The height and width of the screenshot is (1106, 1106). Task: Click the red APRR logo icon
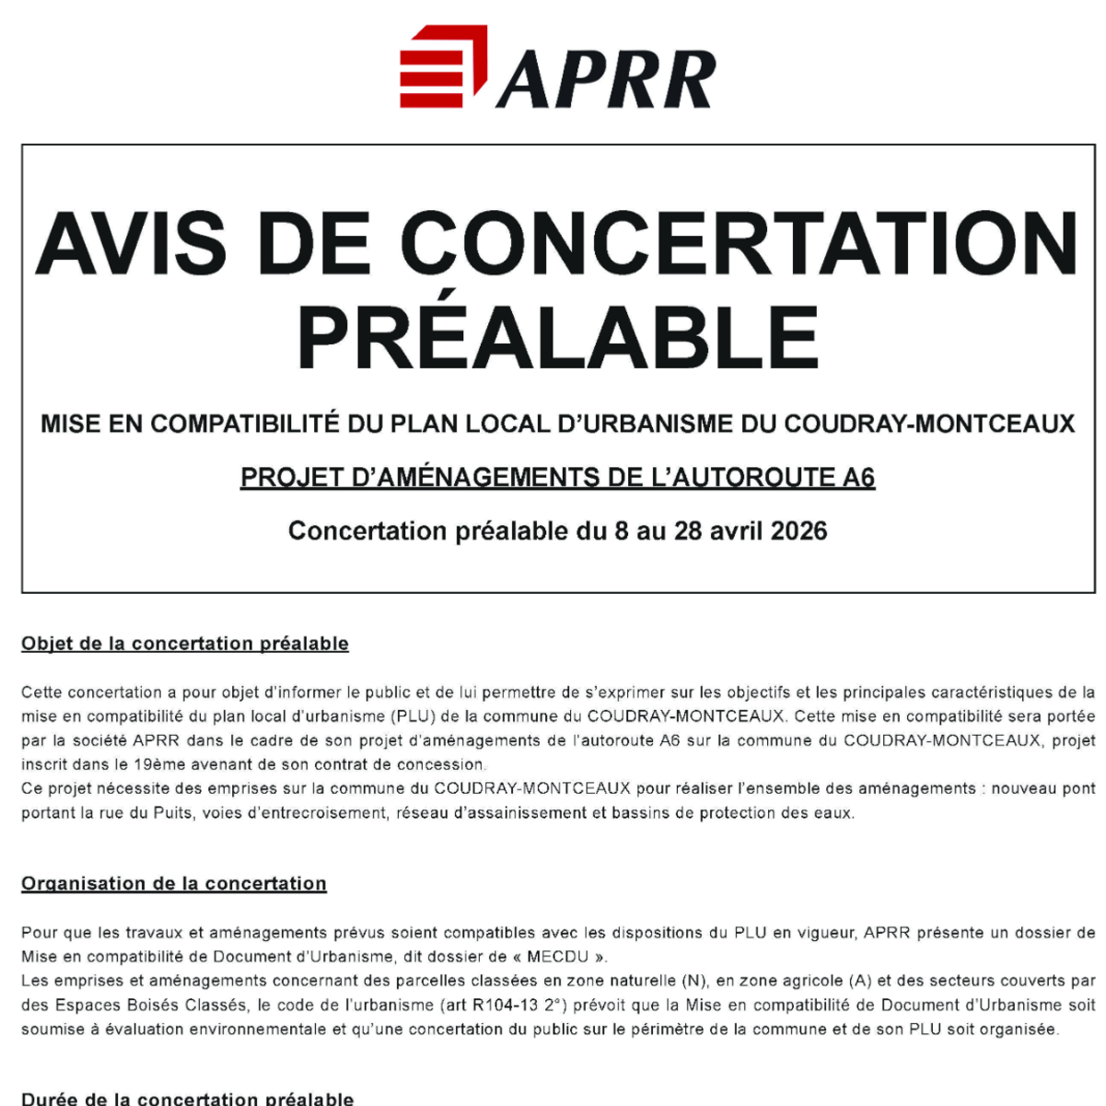[x=443, y=67]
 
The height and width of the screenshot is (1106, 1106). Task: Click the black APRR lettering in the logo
[x=607, y=79]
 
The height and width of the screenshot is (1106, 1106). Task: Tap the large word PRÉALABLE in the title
[x=558, y=338]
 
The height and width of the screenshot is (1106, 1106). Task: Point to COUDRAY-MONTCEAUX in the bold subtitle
[x=929, y=424]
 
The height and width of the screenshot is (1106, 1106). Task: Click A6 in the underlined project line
[x=858, y=477]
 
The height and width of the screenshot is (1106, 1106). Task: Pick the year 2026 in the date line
[x=798, y=531]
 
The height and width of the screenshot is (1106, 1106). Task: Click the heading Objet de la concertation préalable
[x=185, y=644]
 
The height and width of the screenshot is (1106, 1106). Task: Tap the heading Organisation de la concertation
[x=174, y=883]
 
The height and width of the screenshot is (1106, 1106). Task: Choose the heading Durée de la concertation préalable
[x=187, y=1099]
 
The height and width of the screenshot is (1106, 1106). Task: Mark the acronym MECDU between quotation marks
[x=557, y=957]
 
